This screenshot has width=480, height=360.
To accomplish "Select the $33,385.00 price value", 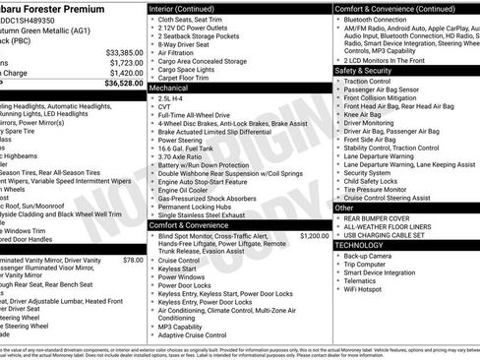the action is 118,52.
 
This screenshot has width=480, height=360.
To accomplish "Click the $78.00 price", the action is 132,260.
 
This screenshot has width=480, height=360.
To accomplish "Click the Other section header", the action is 345,209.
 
